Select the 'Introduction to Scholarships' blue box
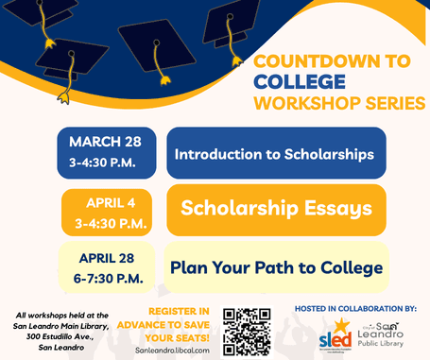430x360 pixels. [276, 153]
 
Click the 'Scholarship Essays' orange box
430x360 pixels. [276, 209]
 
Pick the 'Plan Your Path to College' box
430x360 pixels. [276, 267]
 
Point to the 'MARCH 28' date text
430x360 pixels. [105, 142]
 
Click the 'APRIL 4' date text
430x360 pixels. [111, 201]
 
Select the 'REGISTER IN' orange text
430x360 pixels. [173, 311]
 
